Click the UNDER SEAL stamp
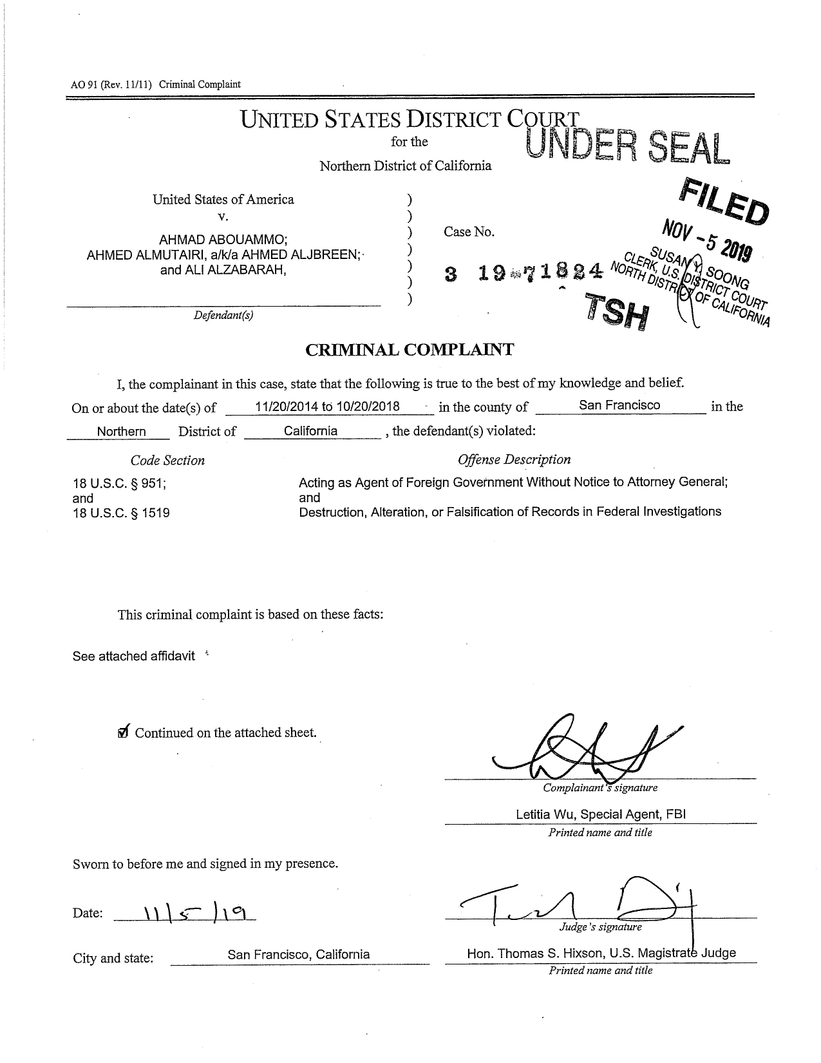pos(627,147)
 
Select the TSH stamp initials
pos(616,311)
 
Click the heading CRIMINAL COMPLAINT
pos(410,350)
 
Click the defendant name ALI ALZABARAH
pos(223,270)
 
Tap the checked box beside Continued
pos(124,732)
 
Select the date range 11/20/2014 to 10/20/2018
pos(327,407)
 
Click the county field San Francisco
pos(619,405)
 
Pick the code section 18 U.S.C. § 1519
pos(122,513)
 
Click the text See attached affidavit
pos(134,656)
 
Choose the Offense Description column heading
pos(514,459)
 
